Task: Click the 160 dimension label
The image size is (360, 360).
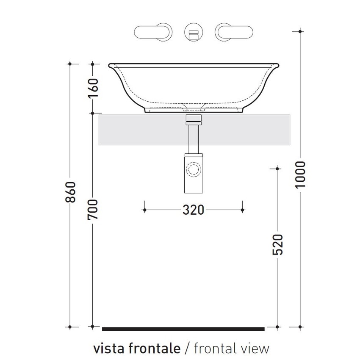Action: click(x=94, y=88)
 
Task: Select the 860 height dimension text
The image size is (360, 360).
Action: click(x=71, y=192)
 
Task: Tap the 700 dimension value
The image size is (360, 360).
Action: click(x=94, y=209)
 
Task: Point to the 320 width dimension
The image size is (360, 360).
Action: click(x=193, y=210)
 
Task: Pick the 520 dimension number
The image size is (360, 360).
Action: click(x=278, y=244)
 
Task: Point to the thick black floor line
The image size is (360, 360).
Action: click(x=183, y=329)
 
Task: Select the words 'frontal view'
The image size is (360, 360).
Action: click(x=231, y=348)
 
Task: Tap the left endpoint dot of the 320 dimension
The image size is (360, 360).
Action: click(x=145, y=210)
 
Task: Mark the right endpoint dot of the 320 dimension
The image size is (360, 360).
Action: click(x=242, y=210)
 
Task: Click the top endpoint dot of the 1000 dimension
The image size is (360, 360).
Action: click(x=300, y=31)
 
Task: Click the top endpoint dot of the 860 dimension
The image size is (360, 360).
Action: click(x=71, y=64)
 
